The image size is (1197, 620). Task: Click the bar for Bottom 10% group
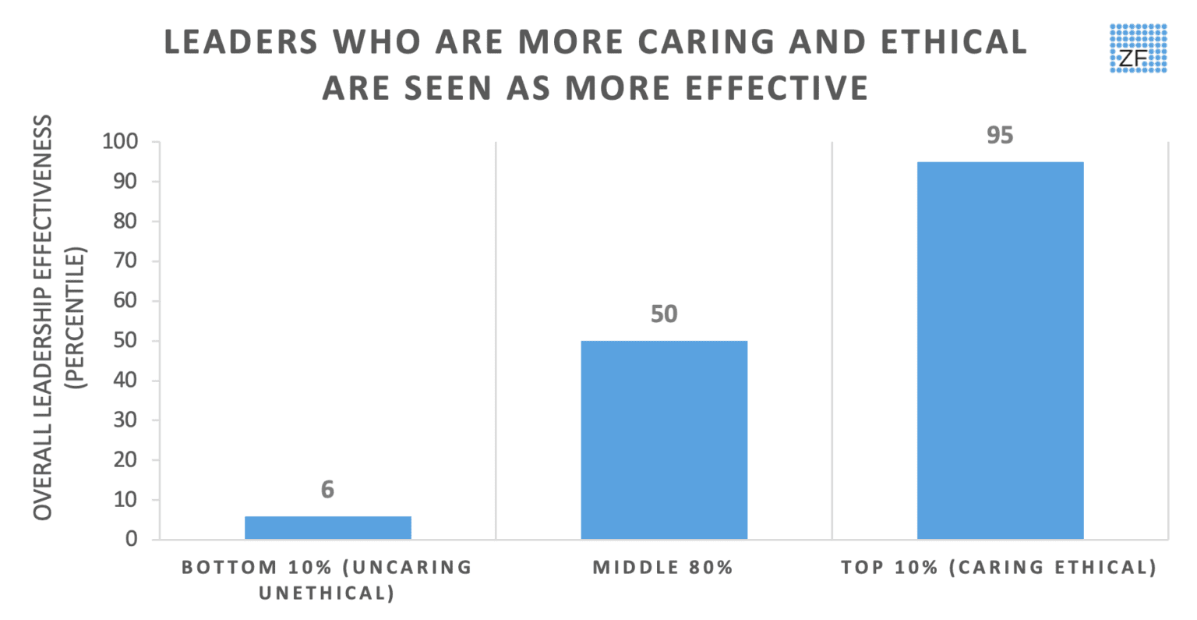pos(327,527)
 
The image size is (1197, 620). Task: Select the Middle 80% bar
pos(664,440)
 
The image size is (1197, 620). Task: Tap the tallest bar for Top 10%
pos(1000,350)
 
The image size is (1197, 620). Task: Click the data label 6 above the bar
pos(327,490)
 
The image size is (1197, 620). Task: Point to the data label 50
pos(664,314)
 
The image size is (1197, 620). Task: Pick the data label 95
pos(1000,136)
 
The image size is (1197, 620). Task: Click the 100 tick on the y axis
pos(119,142)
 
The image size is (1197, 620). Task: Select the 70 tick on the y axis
pos(125,261)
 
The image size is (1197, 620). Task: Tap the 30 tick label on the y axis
pos(125,420)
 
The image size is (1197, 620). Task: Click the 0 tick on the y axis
pos(130,540)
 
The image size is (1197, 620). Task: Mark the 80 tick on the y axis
pos(125,221)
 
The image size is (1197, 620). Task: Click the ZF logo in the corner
pos(1138,48)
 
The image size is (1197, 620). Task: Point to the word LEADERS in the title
pos(242,43)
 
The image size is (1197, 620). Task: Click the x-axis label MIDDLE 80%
pos(663,568)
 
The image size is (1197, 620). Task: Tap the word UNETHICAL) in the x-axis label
pos(327,593)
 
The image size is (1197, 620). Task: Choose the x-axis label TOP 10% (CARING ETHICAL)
pos(999,568)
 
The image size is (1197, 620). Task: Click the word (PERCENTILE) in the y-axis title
pos(76,317)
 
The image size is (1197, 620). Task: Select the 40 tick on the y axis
pos(125,381)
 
